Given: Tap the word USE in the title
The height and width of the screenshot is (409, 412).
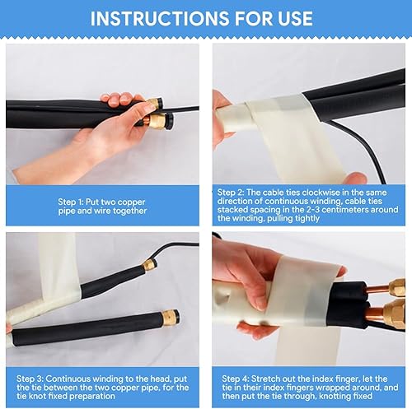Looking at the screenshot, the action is (295, 18).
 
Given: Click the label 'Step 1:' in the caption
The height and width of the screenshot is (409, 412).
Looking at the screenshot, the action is (70, 202).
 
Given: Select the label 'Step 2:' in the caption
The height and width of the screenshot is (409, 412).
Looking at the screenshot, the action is (231, 193).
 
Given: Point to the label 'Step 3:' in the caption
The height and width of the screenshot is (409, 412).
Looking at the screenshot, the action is (30, 379).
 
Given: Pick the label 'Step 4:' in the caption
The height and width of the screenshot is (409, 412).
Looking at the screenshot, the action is (235, 379).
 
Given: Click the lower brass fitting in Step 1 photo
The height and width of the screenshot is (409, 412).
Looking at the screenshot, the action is (156, 122).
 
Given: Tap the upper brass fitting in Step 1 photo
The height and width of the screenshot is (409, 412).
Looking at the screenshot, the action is (154, 104).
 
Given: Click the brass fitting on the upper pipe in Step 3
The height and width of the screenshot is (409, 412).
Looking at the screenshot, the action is (149, 265).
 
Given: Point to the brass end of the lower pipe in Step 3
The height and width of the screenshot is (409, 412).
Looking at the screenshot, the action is (171, 318).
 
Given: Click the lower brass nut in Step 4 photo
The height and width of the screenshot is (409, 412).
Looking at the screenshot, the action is (395, 314).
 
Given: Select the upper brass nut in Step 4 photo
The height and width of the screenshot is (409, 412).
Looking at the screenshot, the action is (398, 287).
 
